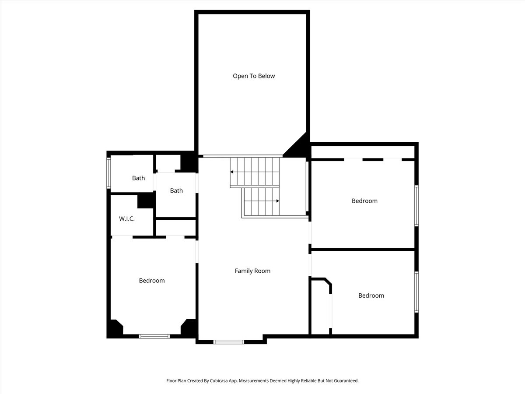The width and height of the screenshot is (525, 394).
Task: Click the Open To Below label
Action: (254, 76)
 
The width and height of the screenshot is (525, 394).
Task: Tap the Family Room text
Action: (252, 271)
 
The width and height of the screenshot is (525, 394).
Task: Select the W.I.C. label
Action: (127, 219)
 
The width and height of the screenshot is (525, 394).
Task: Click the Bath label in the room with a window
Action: (138, 178)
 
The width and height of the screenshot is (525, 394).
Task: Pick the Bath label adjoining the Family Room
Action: (176, 191)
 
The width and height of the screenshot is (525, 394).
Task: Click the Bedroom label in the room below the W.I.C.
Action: (152, 281)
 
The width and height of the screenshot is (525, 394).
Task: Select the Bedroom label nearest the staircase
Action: (364, 201)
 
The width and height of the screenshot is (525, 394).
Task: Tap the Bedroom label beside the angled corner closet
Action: (371, 295)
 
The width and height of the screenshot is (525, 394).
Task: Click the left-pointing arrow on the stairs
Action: (232, 172)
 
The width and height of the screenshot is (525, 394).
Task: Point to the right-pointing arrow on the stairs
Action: (277, 201)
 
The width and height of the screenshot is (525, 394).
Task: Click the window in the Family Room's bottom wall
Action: (228, 341)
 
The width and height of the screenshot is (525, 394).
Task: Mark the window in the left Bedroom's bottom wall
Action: (154, 336)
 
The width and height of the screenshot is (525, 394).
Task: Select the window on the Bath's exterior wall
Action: (109, 173)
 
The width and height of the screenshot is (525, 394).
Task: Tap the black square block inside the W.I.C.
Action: (145, 201)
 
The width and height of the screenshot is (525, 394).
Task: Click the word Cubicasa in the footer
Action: (226, 381)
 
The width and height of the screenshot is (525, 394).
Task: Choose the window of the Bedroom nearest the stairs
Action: (416, 205)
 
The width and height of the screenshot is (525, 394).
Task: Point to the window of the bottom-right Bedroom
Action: (416, 292)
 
